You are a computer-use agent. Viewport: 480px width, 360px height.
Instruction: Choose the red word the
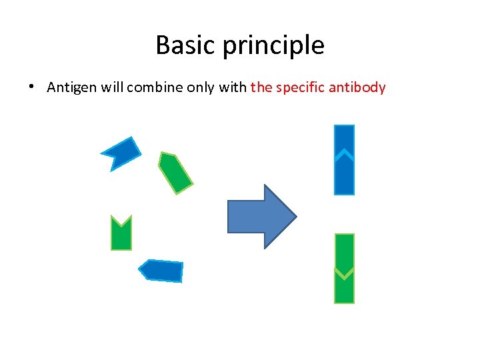pyautogui.click(x=261, y=87)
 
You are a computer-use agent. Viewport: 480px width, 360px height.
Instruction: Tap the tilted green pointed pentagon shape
pyautogui.click(x=175, y=173)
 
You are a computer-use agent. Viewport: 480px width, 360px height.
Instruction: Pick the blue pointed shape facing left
pyautogui.click(x=161, y=270)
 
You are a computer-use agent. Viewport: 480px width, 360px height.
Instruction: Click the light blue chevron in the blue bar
pyautogui.click(x=343, y=155)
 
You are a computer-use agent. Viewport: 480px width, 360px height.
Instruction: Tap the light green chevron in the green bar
pyautogui.click(x=343, y=273)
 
